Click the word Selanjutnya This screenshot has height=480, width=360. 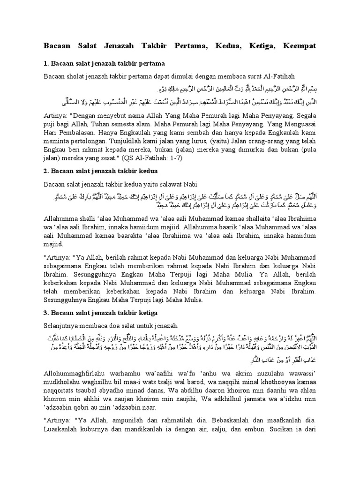[62, 326]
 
